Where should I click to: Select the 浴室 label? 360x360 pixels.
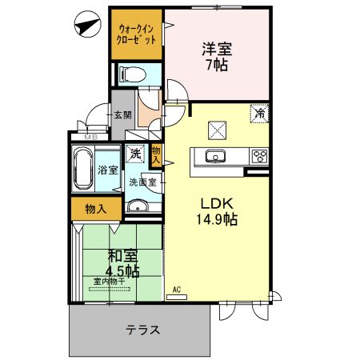tap(108, 170)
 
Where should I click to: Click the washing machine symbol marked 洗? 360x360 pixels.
tap(135, 153)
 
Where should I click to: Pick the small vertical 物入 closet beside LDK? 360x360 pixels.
tap(157, 154)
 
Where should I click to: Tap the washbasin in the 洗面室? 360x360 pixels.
tap(138, 209)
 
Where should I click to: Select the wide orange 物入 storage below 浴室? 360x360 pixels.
tap(95, 208)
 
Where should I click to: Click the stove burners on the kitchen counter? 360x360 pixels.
tap(259, 155)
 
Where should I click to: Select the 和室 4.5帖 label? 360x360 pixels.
tap(122, 263)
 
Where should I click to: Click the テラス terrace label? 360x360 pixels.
tap(142, 329)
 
